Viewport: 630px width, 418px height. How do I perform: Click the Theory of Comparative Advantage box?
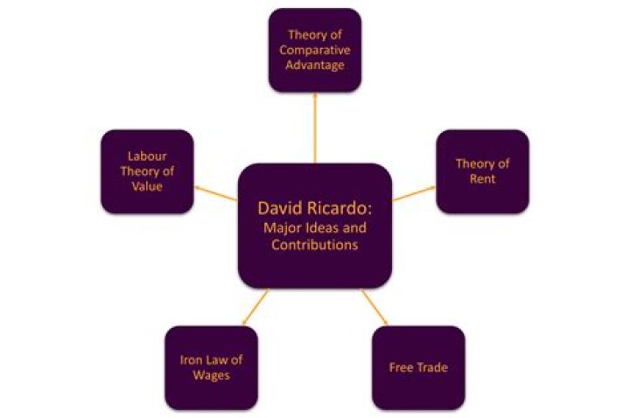pos(315,50)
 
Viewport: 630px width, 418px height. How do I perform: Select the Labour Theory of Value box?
pos(148,171)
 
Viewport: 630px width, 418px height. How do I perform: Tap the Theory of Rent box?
pos(482,171)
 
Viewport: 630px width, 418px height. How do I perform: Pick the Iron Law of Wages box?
pos(212,368)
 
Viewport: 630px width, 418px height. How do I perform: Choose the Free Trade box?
pos(418,368)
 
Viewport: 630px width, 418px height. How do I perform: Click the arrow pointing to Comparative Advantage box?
pos(315,128)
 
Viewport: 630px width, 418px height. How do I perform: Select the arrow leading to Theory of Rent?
pos(414,192)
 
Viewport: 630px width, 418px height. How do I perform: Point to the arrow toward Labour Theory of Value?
pos(216,192)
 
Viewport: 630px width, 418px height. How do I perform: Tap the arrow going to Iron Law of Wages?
pos(255,307)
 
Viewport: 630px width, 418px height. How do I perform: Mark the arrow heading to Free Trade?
pos(374,307)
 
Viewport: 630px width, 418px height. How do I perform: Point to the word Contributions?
pos(315,245)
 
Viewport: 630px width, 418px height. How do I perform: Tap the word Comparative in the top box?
pos(315,50)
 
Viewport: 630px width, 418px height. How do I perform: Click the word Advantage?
pos(315,65)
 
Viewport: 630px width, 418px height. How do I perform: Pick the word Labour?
pos(147,157)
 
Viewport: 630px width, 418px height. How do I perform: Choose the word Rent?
pos(482,178)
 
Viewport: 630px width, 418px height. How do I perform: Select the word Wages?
pos(212,375)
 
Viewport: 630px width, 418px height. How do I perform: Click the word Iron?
pos(190,359)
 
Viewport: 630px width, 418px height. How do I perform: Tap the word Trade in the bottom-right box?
pos(432,367)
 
